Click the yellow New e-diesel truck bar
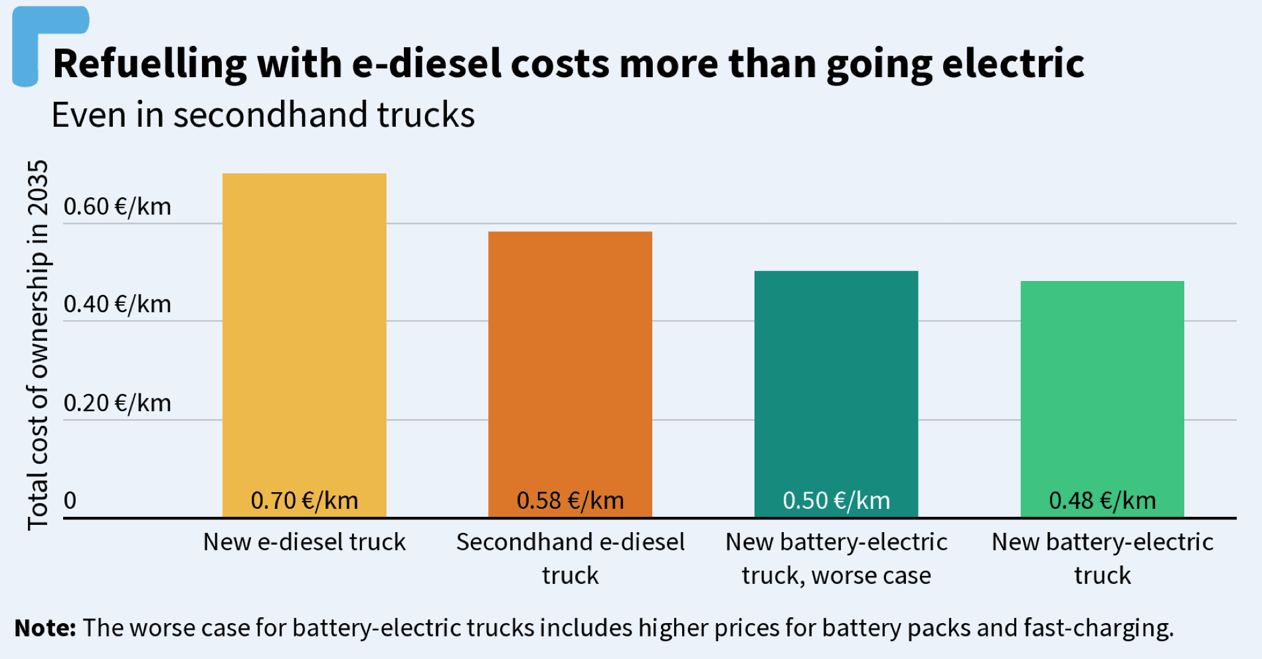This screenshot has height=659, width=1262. pos(304,332)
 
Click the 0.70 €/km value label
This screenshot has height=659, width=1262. pos(304,501)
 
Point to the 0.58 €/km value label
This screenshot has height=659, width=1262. pos(570,501)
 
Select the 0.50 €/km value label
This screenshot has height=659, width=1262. pos(836,501)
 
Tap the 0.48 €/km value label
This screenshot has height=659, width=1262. pos(1102,501)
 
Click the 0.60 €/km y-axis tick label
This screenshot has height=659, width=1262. pos(118,207)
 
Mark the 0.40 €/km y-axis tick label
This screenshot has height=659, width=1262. pos(118,304)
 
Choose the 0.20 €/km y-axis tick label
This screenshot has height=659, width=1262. pos(118,403)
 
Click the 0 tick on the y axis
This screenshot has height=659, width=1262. pos(70,500)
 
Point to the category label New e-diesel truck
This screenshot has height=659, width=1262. pos(304,542)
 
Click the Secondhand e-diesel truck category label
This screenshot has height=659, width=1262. pos(570,558)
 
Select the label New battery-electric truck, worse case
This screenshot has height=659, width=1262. pos(836,558)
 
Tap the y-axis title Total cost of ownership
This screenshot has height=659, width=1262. pos(38,345)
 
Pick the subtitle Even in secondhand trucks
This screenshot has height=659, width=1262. pos(263,115)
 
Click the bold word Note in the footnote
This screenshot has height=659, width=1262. pos(45,628)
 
